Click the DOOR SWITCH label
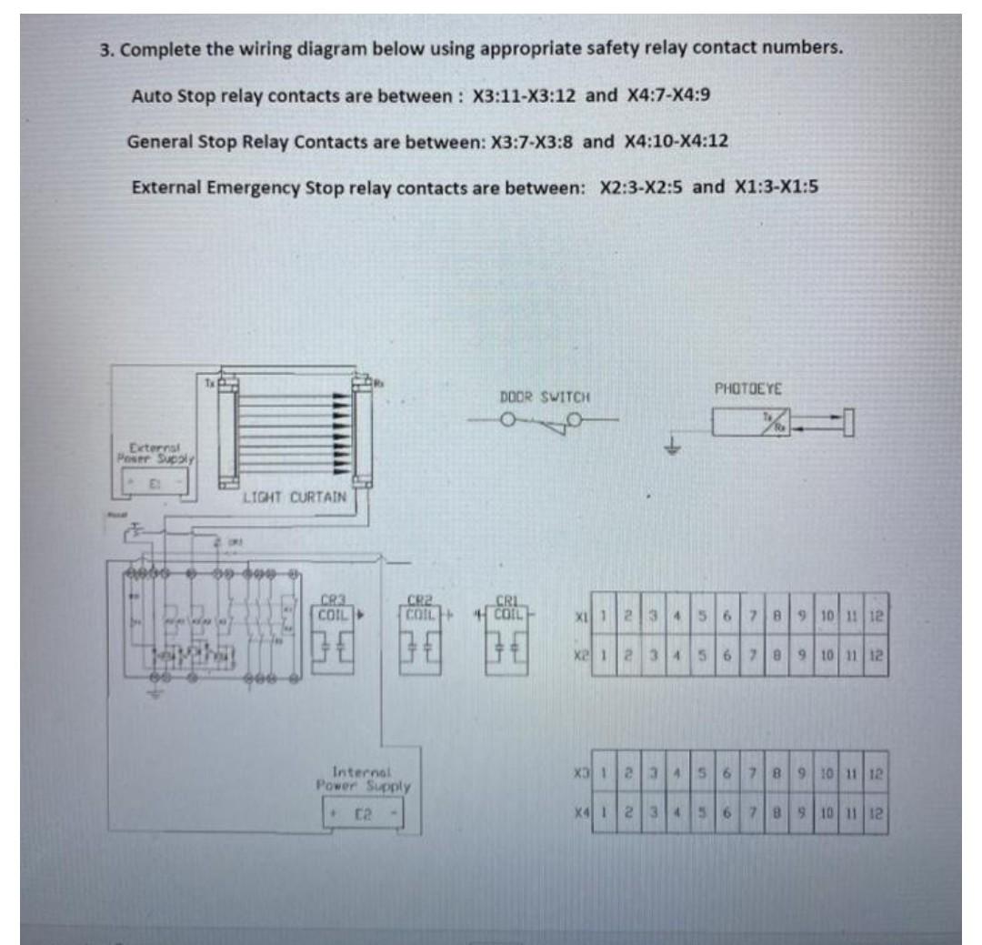(546, 397)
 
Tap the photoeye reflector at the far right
(848, 422)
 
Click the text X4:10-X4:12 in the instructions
(676, 142)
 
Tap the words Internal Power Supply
(364, 778)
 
